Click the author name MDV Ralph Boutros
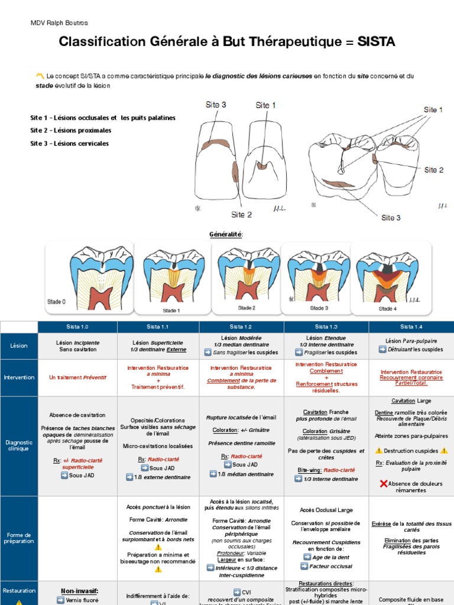point(59,22)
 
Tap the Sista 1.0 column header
point(77,326)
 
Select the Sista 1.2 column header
point(241,326)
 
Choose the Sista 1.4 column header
point(411,326)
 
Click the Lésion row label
point(19,346)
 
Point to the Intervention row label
point(19,377)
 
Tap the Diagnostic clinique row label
point(19,445)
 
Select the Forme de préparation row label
point(19,538)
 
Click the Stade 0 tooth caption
point(57,302)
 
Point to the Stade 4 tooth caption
point(388,308)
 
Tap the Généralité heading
point(226,235)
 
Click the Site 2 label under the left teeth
point(241,214)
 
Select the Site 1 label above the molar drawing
point(434,110)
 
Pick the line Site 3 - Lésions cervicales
point(69,144)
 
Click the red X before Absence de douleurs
point(383,484)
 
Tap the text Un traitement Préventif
point(77,377)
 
